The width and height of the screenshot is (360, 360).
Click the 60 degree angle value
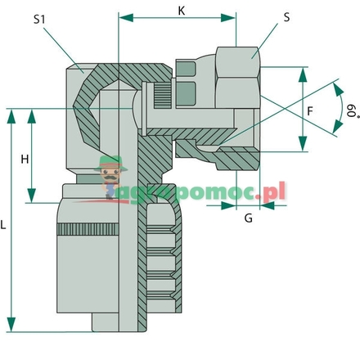pyautogui.click(x=349, y=107)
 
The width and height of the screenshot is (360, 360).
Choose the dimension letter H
pyautogui.click(x=25, y=160)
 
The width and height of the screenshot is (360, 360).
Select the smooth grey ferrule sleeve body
pyautogui.click(x=86, y=278)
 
